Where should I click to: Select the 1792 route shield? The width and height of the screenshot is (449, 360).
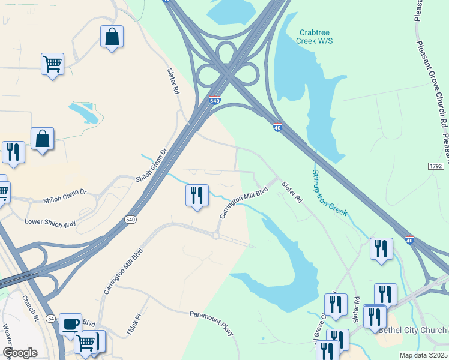click(436, 166)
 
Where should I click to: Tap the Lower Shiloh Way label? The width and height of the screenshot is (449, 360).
click(50, 223)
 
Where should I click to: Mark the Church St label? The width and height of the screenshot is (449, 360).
click(30, 307)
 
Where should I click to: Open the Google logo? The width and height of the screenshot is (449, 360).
click(20, 353)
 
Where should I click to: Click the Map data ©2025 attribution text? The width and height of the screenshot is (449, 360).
click(423, 355)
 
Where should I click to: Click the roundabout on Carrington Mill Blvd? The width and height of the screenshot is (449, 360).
click(215, 235)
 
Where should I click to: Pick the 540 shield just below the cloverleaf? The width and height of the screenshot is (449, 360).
click(215, 100)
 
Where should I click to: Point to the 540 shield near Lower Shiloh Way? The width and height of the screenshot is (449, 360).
click(131, 220)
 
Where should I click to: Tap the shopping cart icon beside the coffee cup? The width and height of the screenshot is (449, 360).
click(86, 343)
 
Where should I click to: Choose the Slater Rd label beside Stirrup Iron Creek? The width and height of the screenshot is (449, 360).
click(292, 192)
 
